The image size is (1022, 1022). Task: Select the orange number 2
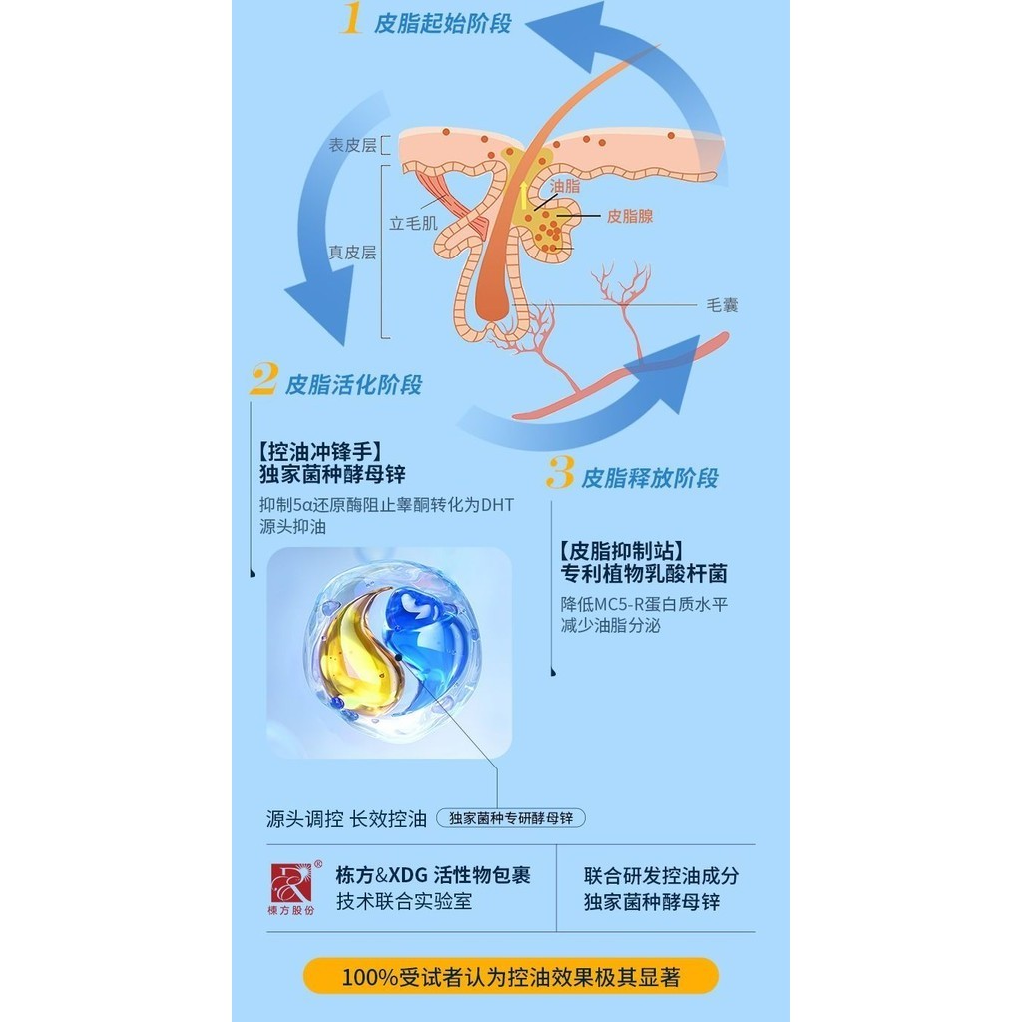[262, 380]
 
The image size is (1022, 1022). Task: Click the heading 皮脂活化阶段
[353, 385]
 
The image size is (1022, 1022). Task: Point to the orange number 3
[560, 473]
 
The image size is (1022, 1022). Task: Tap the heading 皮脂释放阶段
[650, 478]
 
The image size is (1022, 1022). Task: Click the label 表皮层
[353, 146]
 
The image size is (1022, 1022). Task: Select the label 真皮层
[353, 253]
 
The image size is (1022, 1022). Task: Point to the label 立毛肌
[413, 224]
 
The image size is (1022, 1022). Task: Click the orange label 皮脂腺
[629, 216]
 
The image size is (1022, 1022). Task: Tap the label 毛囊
[722, 305]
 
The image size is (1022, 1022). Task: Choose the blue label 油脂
[565, 186]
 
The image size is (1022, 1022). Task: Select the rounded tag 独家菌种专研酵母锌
[511, 818]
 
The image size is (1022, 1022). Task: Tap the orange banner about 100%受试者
[511, 976]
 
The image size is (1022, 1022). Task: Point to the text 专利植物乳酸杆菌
[643, 574]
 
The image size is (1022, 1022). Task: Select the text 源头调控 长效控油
[346, 819]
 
